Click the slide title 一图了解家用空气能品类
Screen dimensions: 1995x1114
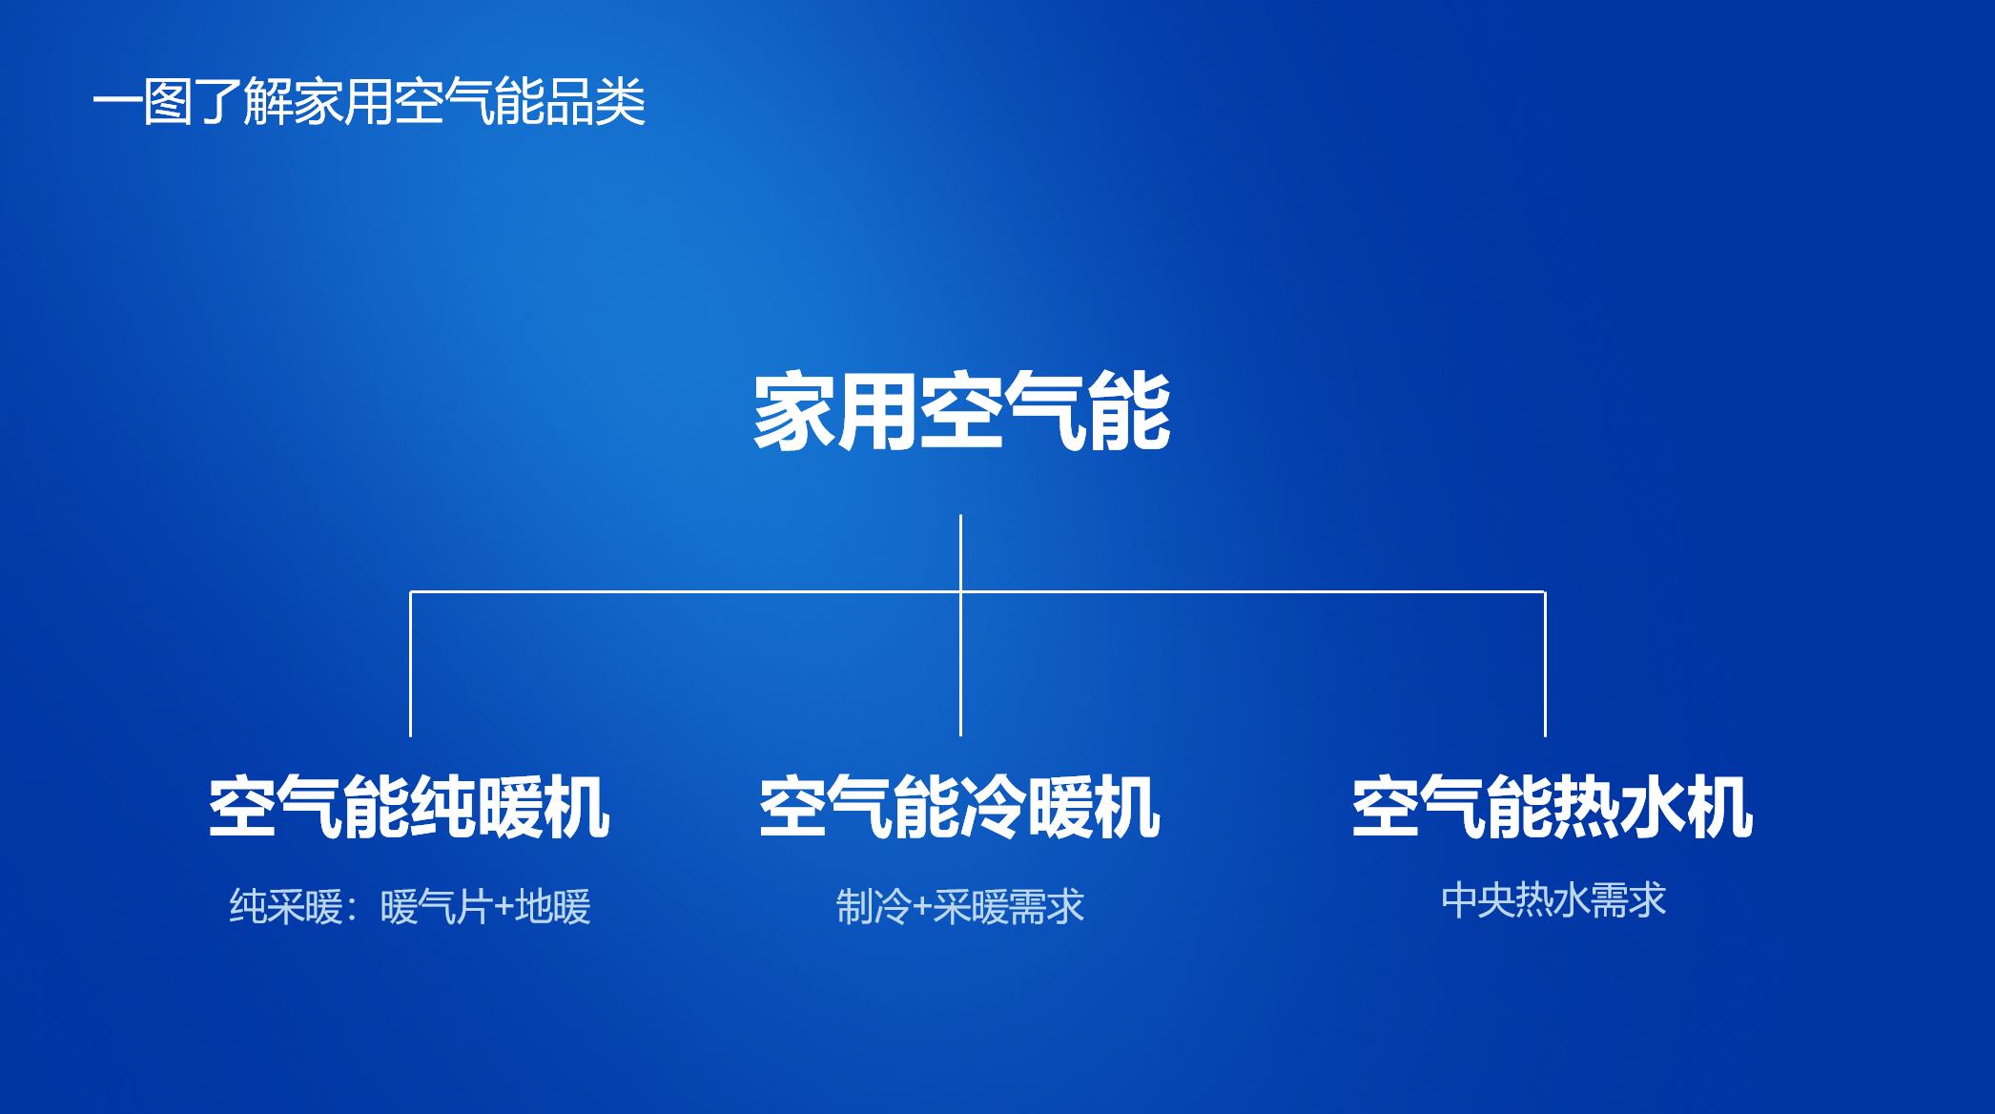pyautogui.click(x=369, y=102)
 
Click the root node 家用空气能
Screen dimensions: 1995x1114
pyautogui.click(x=961, y=412)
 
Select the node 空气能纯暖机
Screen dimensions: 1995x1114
pyautogui.click(x=409, y=808)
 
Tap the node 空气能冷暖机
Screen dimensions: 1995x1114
pyautogui.click(x=959, y=808)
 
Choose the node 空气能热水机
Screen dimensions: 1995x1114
pyautogui.click(x=1553, y=808)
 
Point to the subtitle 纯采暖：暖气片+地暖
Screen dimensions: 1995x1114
pyautogui.click(x=410, y=906)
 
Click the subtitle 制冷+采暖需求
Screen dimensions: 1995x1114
pyautogui.click(x=960, y=906)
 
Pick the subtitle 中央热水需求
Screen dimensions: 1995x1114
pyautogui.click(x=1553, y=900)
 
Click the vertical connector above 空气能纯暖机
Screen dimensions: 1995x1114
pyautogui.click(x=410, y=664)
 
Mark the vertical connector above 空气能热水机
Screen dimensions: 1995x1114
pyautogui.click(x=1545, y=664)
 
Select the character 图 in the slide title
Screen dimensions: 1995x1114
pyautogui.click(x=168, y=102)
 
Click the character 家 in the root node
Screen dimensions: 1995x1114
pyautogui.click(x=794, y=412)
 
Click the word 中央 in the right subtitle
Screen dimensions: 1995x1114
pyautogui.click(x=1478, y=900)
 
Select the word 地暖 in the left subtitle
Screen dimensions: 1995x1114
pyautogui.click(x=553, y=906)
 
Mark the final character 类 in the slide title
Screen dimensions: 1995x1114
pyautogui.click(x=622, y=102)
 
